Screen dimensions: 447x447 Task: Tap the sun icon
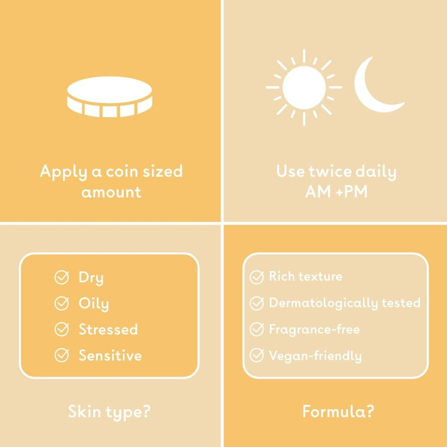pyautogui.click(x=303, y=87)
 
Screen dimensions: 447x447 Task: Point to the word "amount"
pyautogui.click(x=111, y=192)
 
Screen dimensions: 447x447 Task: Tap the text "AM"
pyautogui.click(x=317, y=192)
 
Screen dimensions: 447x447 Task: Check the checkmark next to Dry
pyautogui.click(x=62, y=278)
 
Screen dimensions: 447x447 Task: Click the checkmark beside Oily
pyautogui.click(x=62, y=304)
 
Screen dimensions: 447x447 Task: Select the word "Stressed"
pyautogui.click(x=108, y=330)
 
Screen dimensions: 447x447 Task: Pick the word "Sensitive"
pyautogui.click(x=110, y=356)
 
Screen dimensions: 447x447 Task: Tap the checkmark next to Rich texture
pyautogui.click(x=257, y=277)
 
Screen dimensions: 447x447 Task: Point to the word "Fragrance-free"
pyautogui.click(x=314, y=329)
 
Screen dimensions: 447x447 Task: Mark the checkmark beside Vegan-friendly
pyautogui.click(x=257, y=356)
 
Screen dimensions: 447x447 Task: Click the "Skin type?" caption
pyautogui.click(x=109, y=412)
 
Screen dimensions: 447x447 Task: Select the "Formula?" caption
pyautogui.click(x=338, y=412)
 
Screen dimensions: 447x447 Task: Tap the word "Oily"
pyautogui.click(x=94, y=304)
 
